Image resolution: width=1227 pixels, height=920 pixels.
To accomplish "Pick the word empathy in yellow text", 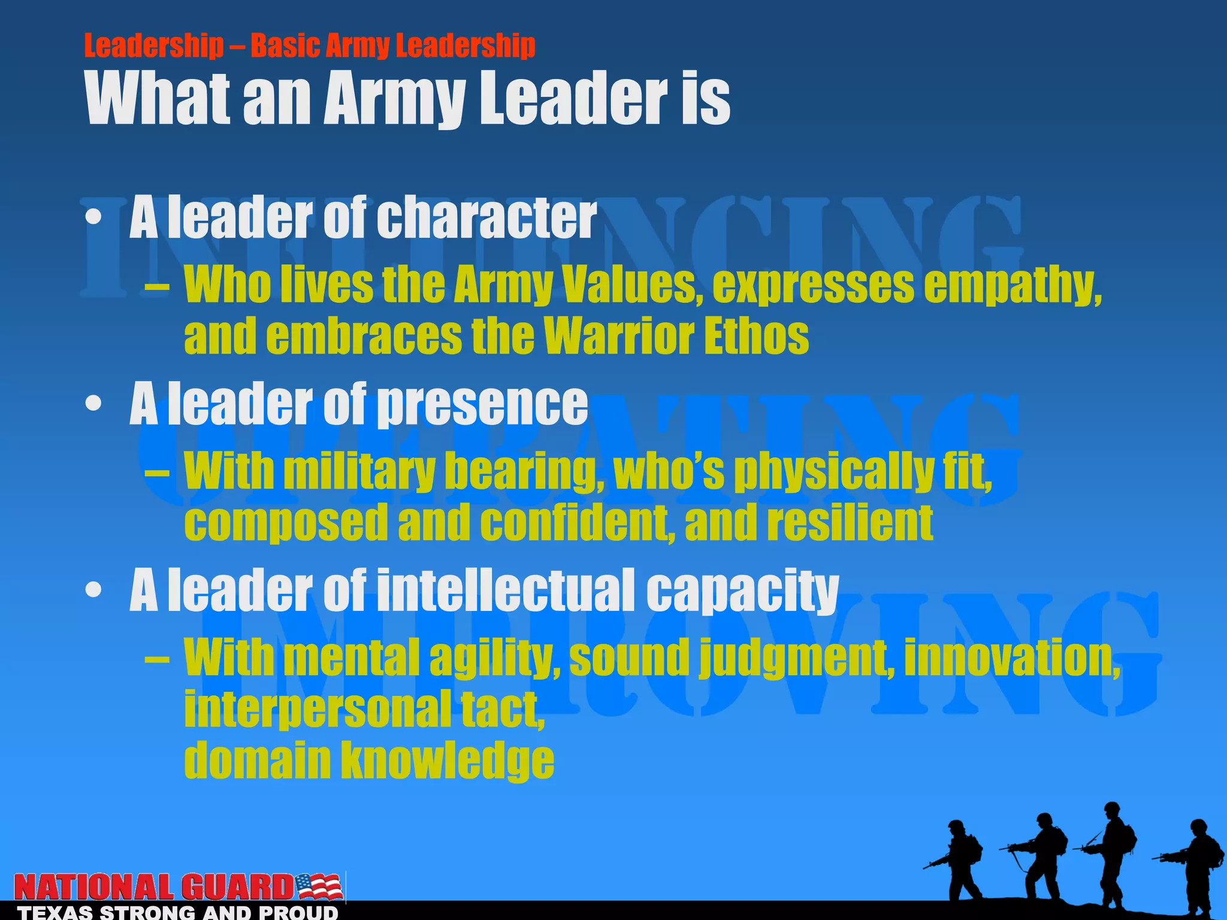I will pyautogui.click(x=1013, y=285).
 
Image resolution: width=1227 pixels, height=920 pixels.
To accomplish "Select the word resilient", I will pyautogui.click(x=850, y=522).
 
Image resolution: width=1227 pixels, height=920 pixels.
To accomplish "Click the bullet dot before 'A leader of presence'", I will pyautogui.click(x=93, y=404).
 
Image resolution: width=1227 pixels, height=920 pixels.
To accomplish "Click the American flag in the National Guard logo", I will pyautogui.click(x=319, y=887).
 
